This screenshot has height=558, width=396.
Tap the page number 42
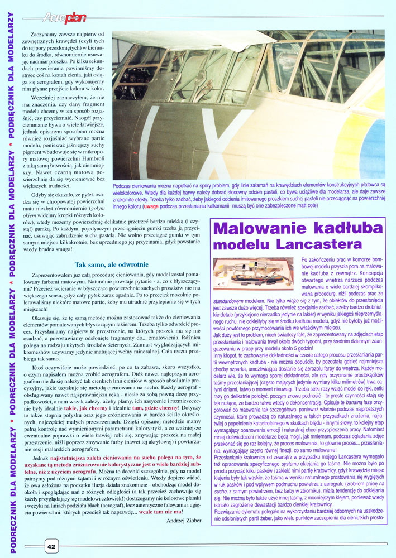(50, 546)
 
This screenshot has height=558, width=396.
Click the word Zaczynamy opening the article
(46, 35)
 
